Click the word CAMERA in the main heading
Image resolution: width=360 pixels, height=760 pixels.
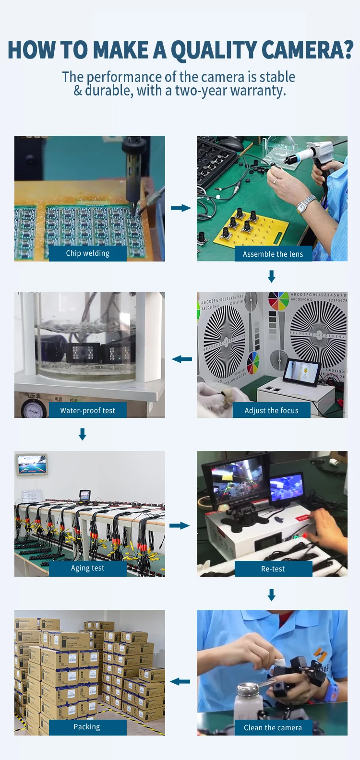(x=307, y=50)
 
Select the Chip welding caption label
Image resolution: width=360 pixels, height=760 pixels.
(x=88, y=253)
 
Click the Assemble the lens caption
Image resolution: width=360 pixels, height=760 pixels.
(x=273, y=254)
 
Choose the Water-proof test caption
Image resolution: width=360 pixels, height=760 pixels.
(x=88, y=411)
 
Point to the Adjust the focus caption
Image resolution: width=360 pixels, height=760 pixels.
(x=272, y=411)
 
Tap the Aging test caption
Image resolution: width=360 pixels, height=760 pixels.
(x=88, y=568)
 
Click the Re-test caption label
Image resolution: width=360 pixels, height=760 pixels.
(x=273, y=569)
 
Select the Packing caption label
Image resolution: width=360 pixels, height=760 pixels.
(x=87, y=727)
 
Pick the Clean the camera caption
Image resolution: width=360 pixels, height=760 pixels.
(x=273, y=728)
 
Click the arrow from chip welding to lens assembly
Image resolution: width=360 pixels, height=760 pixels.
(x=181, y=208)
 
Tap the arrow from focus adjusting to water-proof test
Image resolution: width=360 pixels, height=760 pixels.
(x=182, y=359)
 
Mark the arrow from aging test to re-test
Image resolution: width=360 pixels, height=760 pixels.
(x=180, y=526)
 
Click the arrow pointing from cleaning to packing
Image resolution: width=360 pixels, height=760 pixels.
(x=180, y=681)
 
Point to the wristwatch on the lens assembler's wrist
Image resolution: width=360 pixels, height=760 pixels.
(x=306, y=204)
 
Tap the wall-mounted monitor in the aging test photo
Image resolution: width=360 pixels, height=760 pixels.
(x=32, y=464)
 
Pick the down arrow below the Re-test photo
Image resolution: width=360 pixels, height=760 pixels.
(x=272, y=595)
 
